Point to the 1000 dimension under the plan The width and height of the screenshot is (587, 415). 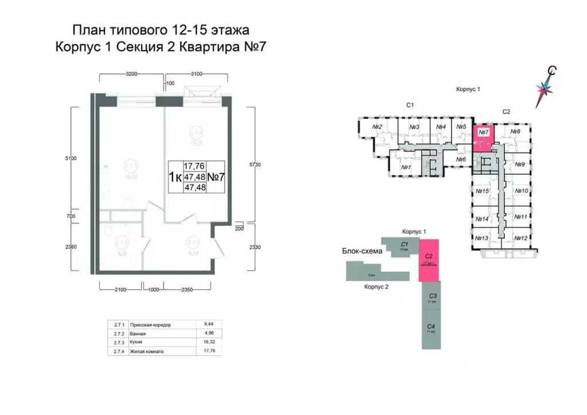point(151,290)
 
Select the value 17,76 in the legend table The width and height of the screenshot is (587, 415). point(205,351)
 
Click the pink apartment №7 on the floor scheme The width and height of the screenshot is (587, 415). point(483,136)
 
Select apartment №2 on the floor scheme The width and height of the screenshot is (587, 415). point(377,127)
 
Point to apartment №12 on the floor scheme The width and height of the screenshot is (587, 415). point(521,238)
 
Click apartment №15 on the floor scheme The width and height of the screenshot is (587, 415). point(482,191)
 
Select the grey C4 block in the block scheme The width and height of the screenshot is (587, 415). point(432,329)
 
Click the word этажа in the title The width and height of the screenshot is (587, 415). point(228,30)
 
